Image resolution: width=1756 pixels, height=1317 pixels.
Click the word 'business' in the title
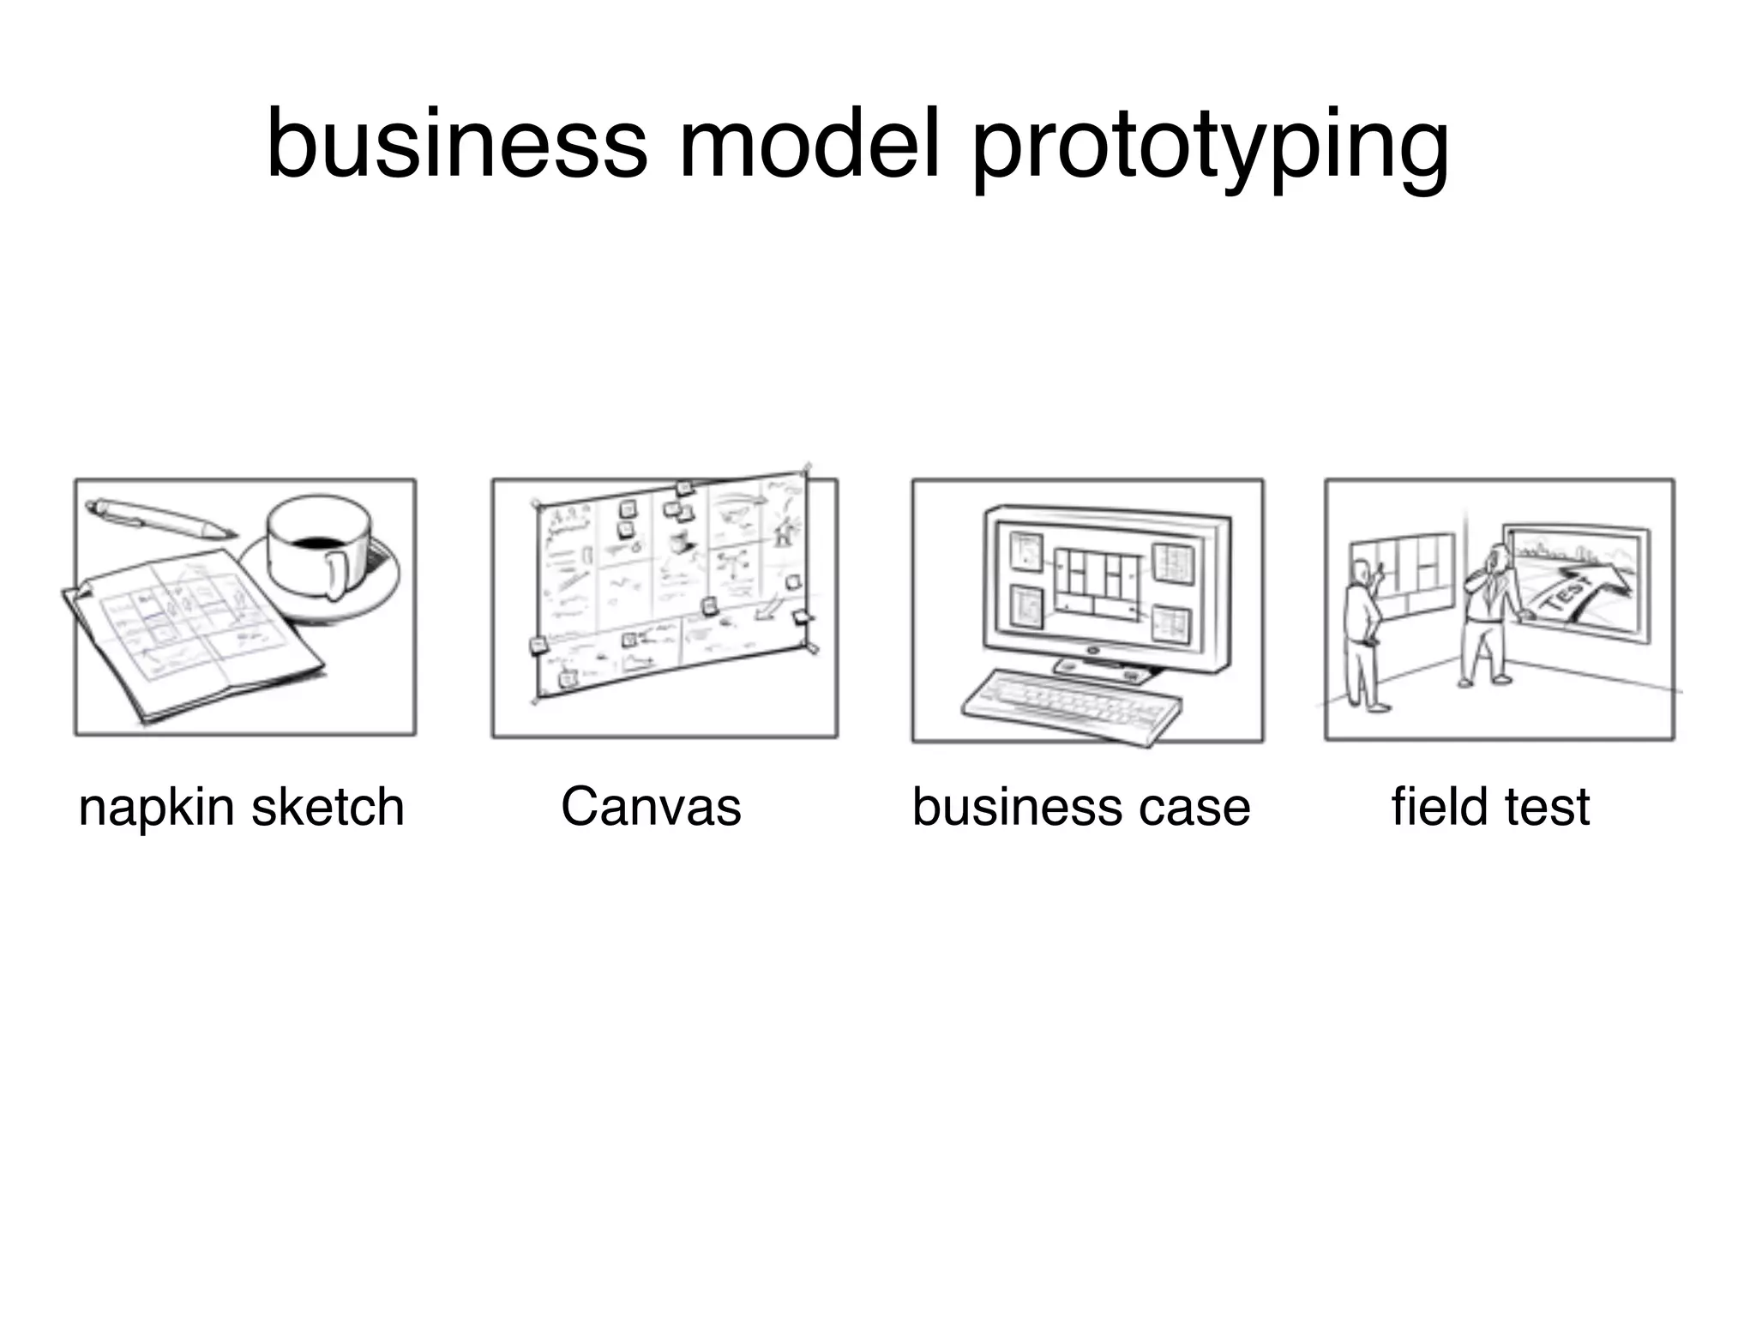pos(456,143)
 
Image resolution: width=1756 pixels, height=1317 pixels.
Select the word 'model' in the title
pos(809,143)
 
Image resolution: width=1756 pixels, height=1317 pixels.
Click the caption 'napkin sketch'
pos(241,807)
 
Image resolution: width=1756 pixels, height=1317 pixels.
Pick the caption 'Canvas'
pos(651,807)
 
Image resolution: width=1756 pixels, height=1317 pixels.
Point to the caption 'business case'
pos(1080,807)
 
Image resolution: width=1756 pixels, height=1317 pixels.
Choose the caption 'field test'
pos(1490,807)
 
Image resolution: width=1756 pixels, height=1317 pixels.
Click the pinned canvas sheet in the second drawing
pos(669,583)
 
